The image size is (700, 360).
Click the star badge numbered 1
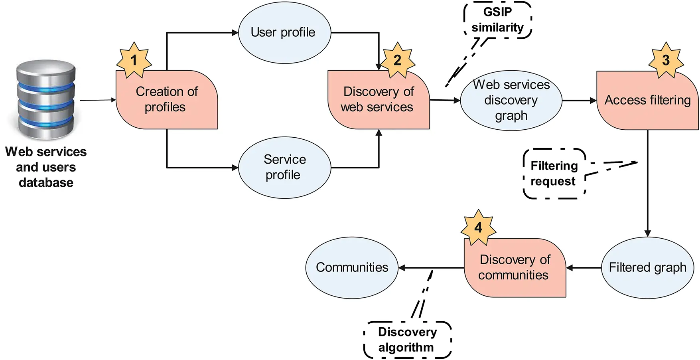(134, 60)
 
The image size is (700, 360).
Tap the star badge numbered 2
(397, 60)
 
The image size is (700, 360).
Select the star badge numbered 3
(666, 60)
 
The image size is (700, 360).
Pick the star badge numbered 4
(478, 227)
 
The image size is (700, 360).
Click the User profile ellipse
(284, 33)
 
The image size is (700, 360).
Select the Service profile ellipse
(284, 167)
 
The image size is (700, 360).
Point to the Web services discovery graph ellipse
(511, 100)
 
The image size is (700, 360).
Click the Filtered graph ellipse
(647, 267)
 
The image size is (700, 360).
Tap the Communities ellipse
(352, 267)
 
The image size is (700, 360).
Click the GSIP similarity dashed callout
(497, 20)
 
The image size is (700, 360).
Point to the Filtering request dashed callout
(554, 174)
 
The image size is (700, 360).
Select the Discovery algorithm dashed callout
(407, 340)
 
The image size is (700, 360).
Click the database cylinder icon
(46, 100)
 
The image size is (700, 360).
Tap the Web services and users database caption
(46, 167)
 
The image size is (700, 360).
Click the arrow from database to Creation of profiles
(98, 100)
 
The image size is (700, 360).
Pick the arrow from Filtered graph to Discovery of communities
(584, 268)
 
